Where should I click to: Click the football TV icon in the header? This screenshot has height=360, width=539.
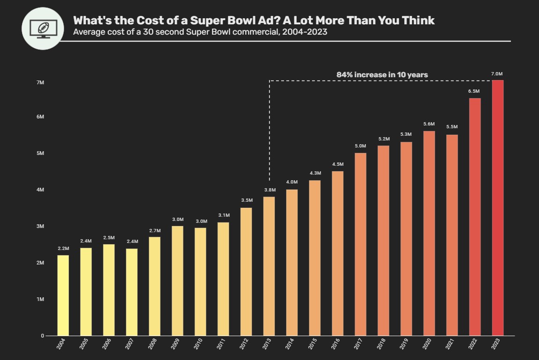[43, 28]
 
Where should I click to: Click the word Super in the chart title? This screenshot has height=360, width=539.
[206, 21]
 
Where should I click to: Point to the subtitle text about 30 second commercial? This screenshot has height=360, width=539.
[200, 32]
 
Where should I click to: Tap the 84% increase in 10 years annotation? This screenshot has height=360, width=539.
[382, 74]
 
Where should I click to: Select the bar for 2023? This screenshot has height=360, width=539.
[498, 208]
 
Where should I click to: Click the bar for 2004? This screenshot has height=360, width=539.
[63, 295]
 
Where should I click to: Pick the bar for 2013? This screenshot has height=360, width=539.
[269, 266]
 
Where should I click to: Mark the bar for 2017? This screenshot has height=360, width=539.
[360, 244]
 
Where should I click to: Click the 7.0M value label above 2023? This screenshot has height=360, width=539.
[497, 74]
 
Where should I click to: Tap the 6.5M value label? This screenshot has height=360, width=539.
[474, 91]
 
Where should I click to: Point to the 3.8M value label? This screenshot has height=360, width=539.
[270, 190]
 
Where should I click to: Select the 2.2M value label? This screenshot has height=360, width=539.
[63, 249]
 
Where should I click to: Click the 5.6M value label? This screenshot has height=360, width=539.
[429, 124]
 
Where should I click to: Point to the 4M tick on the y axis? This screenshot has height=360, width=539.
[40, 190]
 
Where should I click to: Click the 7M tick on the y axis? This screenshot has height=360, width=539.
[40, 83]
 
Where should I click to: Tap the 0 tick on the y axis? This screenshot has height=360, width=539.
[42, 336]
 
